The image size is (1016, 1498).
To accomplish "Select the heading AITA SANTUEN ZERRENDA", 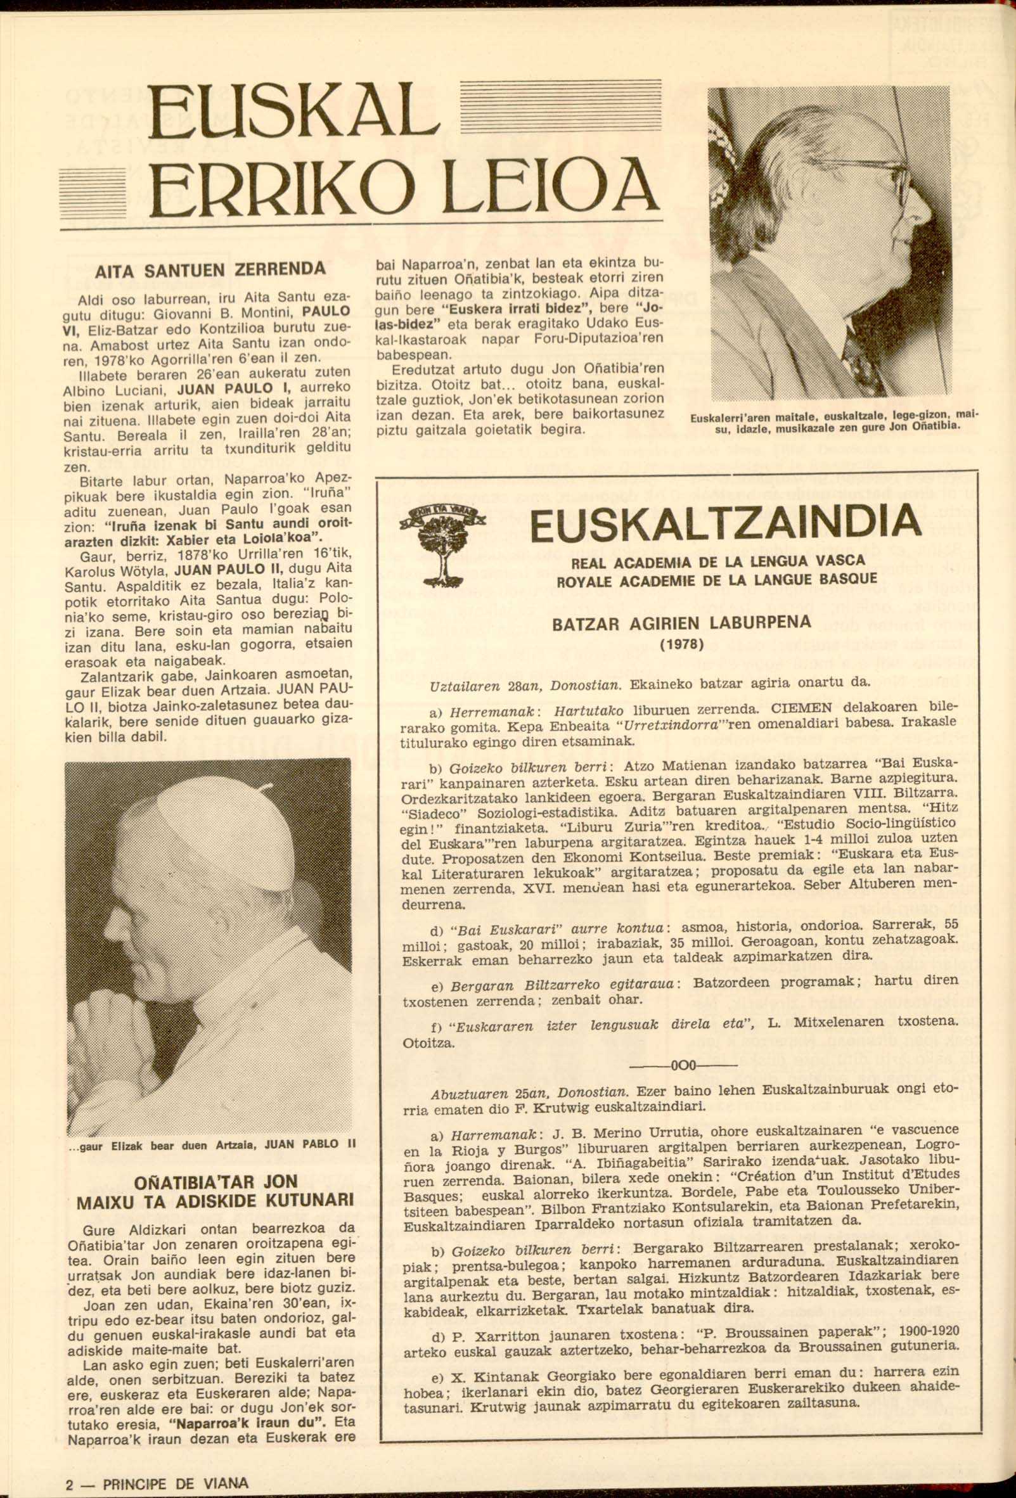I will click(210, 269).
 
